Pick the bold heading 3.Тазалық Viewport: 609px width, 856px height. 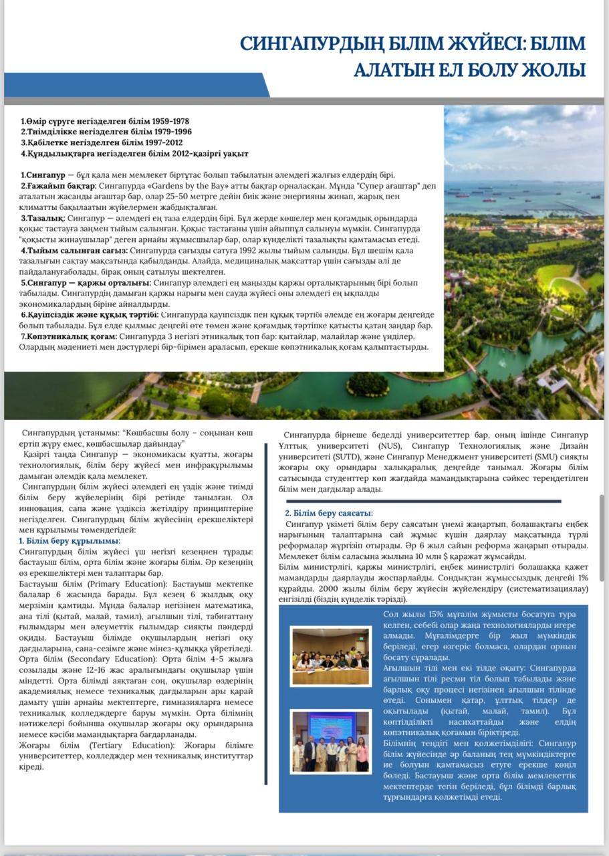click(43, 218)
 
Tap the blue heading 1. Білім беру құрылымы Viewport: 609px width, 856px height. click(69, 540)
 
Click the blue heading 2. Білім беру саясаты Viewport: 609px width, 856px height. click(328, 513)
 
